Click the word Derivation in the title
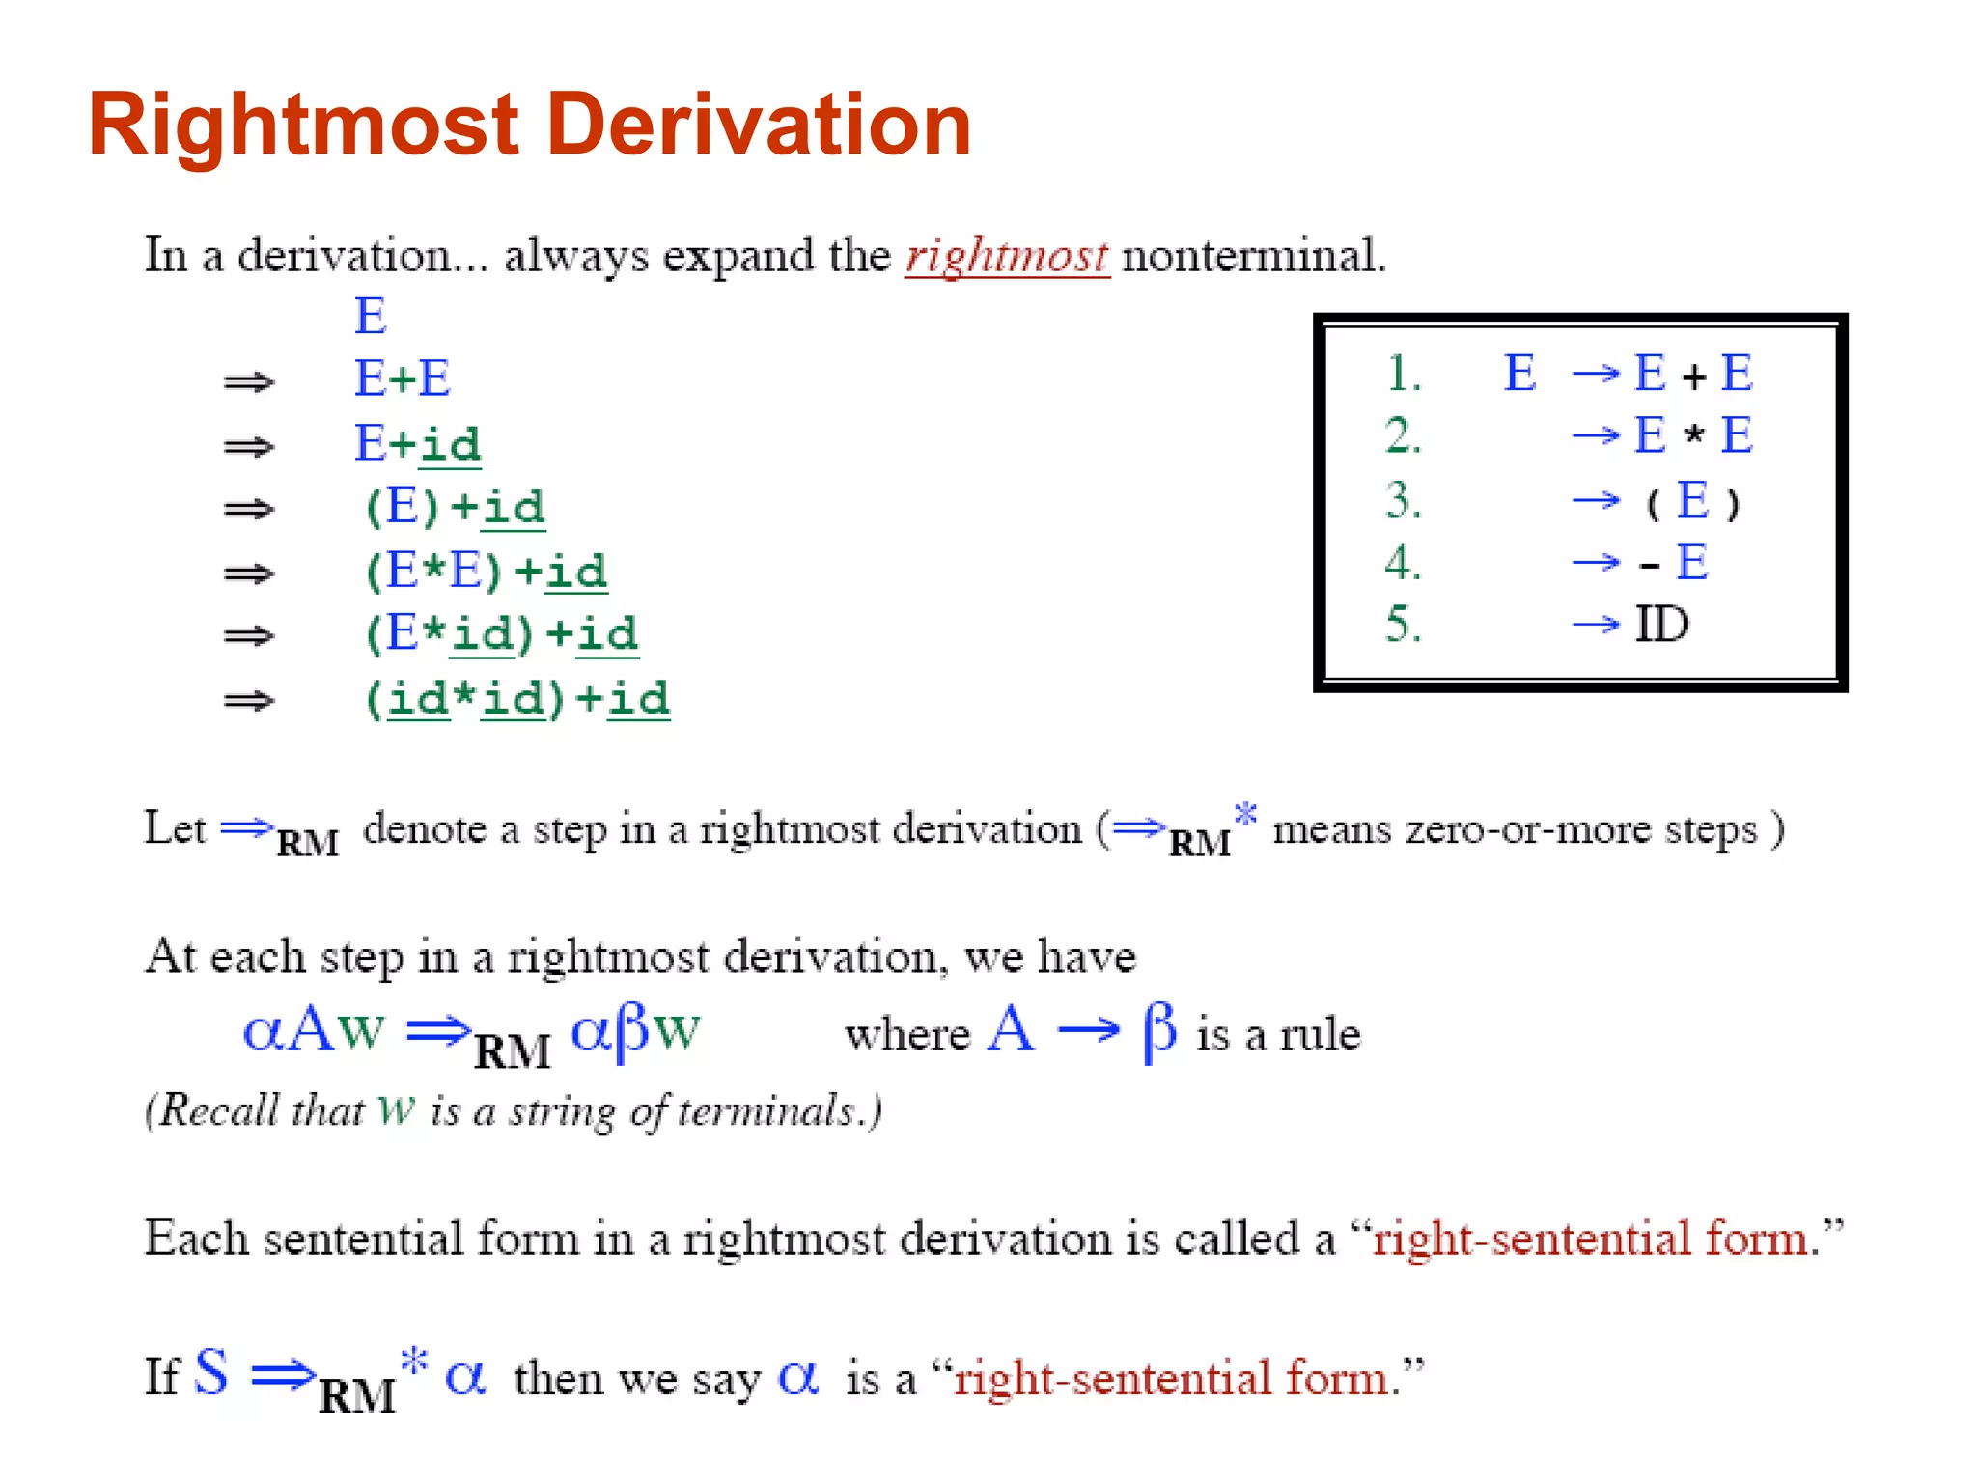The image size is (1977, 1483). [759, 126]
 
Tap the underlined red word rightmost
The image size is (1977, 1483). [1006, 257]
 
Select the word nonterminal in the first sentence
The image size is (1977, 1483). [1253, 257]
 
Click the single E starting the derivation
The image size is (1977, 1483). [371, 317]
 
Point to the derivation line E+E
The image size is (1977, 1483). [403, 378]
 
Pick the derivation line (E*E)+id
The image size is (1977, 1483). [486, 572]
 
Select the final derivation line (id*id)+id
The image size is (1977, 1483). [516, 699]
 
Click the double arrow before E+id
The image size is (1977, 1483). [249, 446]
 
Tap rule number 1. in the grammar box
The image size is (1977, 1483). [1404, 375]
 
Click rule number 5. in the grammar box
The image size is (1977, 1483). [1404, 625]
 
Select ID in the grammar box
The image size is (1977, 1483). [1661, 625]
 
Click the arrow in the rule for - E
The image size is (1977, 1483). [1596, 562]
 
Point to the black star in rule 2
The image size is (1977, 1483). [1693, 435]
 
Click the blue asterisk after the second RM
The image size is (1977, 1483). [1246, 814]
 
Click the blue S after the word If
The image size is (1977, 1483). [211, 1372]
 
